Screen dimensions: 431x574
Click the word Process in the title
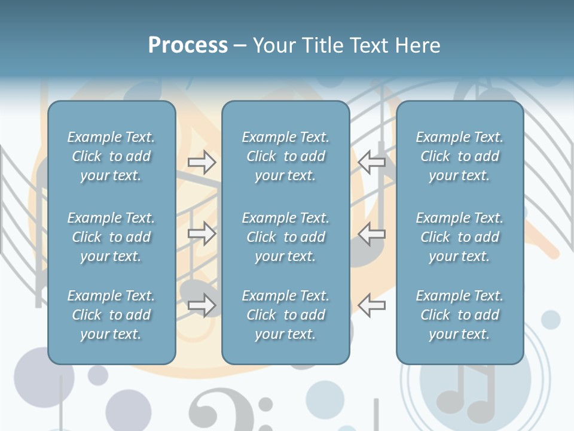click(188, 45)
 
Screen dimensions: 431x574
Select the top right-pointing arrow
click(202, 162)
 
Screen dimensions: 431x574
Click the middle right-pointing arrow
click(202, 233)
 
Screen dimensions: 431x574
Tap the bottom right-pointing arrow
click(202, 305)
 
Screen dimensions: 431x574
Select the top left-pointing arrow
click(372, 162)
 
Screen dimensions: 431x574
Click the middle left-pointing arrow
click(372, 233)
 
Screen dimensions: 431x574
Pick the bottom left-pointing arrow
click(372, 305)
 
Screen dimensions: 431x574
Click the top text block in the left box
click(111, 156)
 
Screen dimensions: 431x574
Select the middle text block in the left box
click(111, 237)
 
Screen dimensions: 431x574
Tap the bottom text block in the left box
click(111, 315)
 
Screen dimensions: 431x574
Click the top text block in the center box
click(286, 156)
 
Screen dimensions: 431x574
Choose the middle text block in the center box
click(286, 237)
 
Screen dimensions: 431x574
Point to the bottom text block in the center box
click(286, 315)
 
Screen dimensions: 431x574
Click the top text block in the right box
click(460, 156)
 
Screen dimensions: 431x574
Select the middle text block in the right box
click(460, 237)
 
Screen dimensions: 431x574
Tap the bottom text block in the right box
click(460, 315)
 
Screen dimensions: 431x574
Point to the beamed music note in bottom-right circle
click(466, 395)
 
